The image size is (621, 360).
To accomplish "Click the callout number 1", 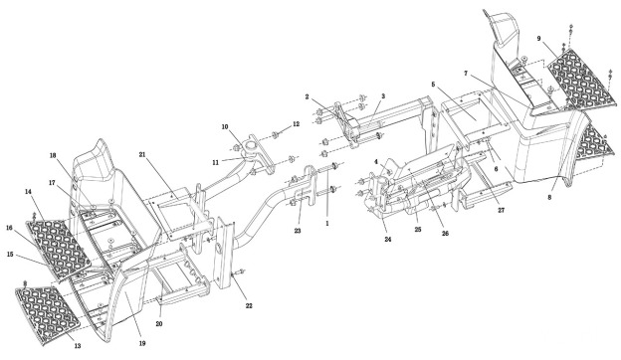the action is (327, 223).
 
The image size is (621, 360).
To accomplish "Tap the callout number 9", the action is (539, 39).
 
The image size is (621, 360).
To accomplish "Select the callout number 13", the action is (78, 345).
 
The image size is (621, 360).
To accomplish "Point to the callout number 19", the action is (142, 343).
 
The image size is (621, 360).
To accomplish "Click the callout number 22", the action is (249, 306).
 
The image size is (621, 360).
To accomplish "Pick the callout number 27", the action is (501, 211).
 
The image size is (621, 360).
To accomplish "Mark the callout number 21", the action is (142, 155).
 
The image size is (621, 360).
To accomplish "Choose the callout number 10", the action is (225, 127).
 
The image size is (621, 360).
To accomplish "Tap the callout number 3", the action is (383, 96).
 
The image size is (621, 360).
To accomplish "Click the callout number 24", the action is (388, 240).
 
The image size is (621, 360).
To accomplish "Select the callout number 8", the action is (549, 198).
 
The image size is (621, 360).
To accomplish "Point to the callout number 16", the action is (10, 228).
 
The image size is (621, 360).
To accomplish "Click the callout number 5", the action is (433, 85).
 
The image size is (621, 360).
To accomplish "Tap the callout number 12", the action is (297, 124).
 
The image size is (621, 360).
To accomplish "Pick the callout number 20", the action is (159, 323).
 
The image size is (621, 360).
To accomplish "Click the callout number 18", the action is (53, 155).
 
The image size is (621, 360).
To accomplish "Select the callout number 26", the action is (445, 234).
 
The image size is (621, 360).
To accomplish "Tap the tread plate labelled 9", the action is (581, 80).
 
